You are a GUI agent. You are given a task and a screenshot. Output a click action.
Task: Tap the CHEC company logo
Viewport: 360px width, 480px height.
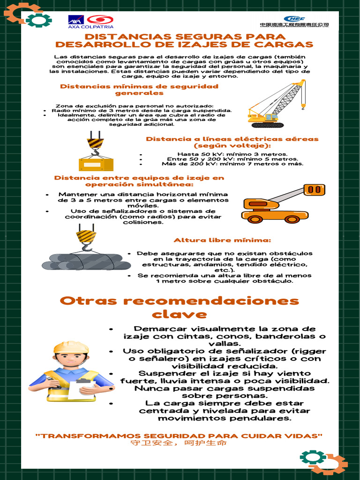[294, 21]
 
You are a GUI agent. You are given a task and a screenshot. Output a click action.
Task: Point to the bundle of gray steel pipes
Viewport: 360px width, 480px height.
[87, 262]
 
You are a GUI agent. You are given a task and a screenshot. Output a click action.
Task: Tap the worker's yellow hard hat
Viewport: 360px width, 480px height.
[71, 347]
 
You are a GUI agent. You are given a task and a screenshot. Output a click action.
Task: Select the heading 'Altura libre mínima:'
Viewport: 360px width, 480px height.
[222, 240]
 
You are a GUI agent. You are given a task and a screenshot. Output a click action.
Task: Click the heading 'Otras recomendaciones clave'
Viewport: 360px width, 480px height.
[180, 307]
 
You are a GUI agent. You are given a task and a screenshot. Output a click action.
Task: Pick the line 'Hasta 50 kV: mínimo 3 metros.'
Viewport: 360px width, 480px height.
[232, 154]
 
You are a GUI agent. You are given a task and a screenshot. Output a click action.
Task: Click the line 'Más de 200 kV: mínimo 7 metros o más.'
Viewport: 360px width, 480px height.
[232, 164]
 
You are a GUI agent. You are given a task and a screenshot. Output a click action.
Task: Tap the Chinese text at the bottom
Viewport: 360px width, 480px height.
[179, 443]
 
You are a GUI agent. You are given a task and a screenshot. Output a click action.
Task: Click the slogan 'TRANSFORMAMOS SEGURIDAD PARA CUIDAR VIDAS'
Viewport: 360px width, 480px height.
[179, 436]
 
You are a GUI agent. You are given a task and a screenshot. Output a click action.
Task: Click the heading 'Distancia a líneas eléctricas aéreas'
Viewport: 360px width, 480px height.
[232, 139]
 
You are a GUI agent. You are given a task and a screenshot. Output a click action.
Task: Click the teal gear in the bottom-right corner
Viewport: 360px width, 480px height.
[312, 457]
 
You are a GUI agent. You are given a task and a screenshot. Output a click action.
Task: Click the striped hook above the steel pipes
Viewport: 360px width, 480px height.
[86, 237]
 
